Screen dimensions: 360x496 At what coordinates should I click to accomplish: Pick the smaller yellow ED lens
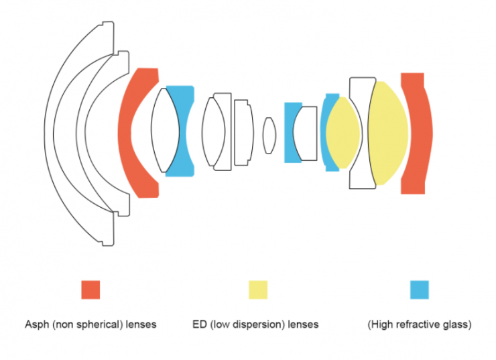pos(342,133)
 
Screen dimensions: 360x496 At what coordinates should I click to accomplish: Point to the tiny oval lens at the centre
pos(269,135)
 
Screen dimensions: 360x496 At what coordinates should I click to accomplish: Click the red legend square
pos(90,290)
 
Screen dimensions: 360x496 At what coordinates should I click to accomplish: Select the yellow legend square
pos(258,290)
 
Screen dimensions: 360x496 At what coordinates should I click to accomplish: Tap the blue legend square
pos(419,290)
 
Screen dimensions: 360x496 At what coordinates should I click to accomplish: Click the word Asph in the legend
pos(36,324)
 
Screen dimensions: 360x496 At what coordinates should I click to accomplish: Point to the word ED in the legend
pos(199,324)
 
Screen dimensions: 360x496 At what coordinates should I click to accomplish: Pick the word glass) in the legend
pos(457,324)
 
